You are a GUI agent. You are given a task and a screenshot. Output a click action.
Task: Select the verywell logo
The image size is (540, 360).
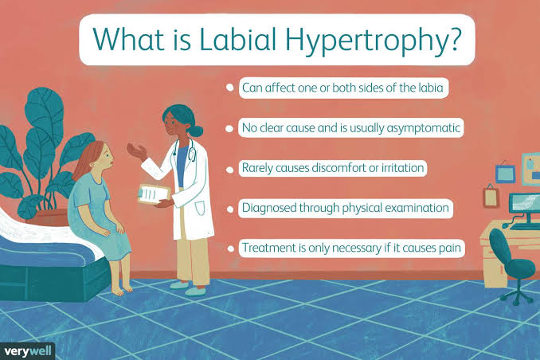(x=27, y=350)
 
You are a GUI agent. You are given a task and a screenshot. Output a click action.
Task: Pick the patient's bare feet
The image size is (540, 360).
(x=120, y=289)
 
